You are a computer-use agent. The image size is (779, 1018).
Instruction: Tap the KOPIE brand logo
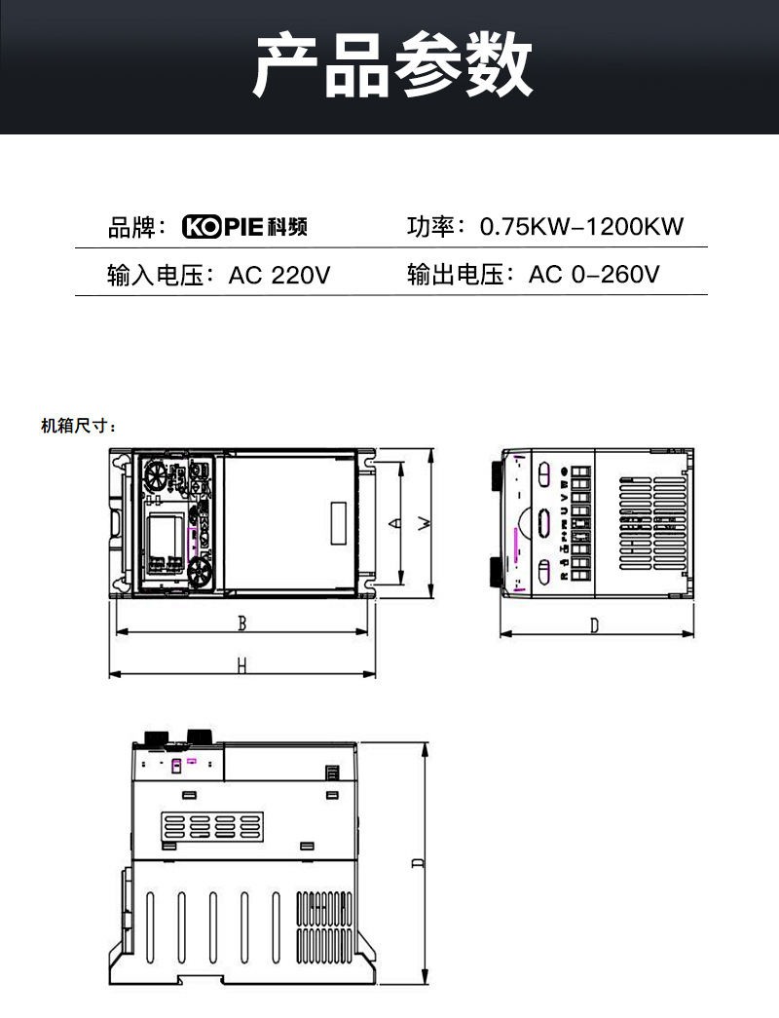coord(245,227)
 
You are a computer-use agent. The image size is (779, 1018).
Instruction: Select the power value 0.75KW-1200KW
coord(582,227)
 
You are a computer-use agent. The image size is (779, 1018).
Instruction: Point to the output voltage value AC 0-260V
coord(594,275)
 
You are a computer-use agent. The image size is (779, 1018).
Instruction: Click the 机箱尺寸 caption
coord(79,426)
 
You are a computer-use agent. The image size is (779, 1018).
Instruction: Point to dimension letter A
coord(393,523)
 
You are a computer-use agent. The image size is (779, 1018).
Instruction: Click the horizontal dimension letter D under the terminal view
coord(594,626)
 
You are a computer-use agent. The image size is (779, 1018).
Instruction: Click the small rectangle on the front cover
coord(339,523)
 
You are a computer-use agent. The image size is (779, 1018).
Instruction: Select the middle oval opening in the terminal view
coord(543,521)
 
